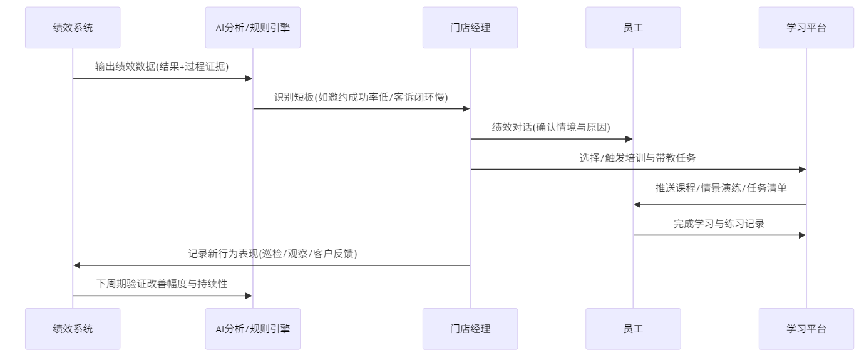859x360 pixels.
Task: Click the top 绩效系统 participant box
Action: [73, 28]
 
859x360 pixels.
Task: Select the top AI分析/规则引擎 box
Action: [253, 28]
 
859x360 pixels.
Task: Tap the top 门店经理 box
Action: [470, 28]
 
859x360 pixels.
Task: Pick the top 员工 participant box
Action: [633, 28]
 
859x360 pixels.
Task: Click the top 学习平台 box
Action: [806, 28]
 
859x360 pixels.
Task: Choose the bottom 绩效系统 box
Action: [73, 329]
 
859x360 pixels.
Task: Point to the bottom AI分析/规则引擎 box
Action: [253, 329]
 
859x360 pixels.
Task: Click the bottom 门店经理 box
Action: [470, 329]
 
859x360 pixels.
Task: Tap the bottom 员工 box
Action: [633, 329]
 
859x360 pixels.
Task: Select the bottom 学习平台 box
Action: [806, 329]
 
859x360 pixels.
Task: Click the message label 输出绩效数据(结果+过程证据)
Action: [162, 66]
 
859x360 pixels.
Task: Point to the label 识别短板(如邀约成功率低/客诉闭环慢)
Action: [361, 97]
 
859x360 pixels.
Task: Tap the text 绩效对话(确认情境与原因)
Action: [551, 127]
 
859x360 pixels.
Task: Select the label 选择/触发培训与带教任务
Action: [637, 158]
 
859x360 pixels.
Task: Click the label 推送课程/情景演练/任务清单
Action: [721, 188]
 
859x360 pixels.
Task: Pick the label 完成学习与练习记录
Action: [719, 224]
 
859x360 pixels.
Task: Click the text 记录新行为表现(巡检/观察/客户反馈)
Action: [272, 254]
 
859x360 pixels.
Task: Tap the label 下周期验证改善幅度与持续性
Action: [162, 284]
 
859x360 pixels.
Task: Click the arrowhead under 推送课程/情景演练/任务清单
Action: [637, 205]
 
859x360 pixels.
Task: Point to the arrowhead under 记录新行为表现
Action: [77, 265]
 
